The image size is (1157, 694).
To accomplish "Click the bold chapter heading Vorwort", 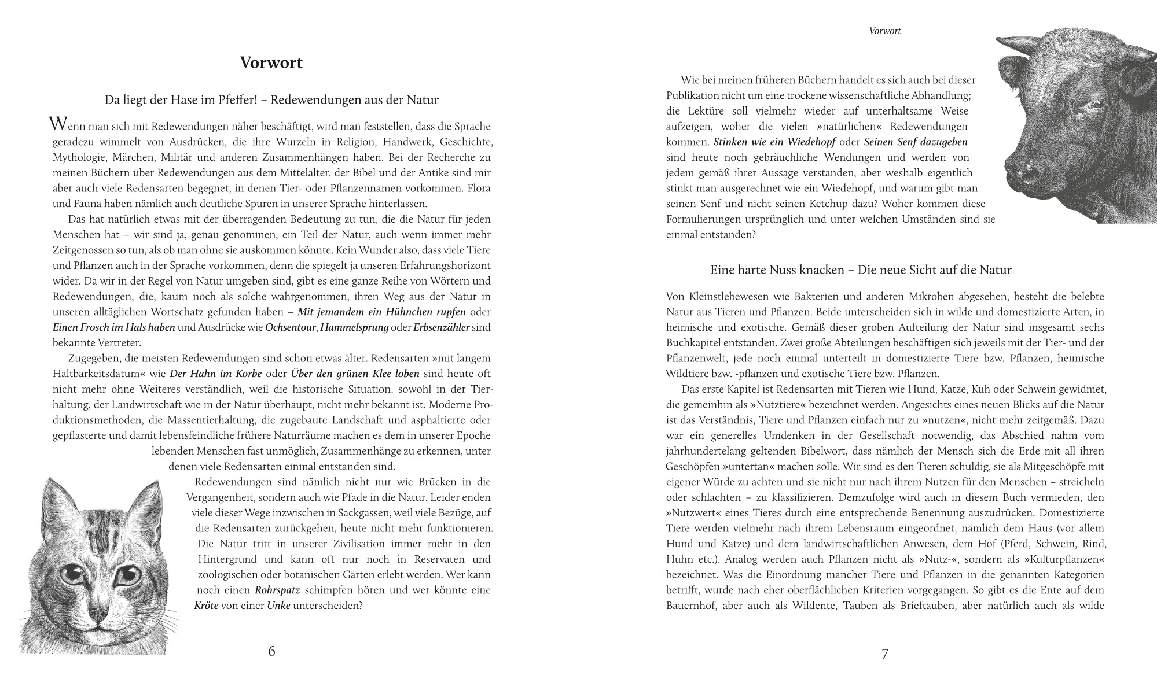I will point(271,62).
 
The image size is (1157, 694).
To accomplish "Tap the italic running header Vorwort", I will point(885,31).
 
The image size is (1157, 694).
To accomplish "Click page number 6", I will point(271,651).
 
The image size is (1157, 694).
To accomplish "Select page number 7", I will point(884,654).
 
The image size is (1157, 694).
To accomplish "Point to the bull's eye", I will point(1092,106).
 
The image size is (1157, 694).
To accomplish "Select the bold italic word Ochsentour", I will point(291,327).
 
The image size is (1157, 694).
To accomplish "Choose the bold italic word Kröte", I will point(207,606).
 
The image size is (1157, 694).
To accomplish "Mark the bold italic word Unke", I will point(278,606).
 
